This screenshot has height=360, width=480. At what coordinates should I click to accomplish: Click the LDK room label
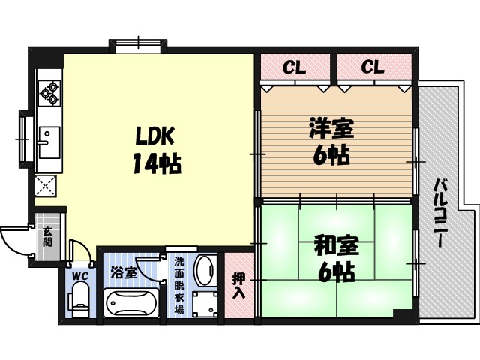click(155, 136)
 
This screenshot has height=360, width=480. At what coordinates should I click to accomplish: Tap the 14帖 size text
click(157, 163)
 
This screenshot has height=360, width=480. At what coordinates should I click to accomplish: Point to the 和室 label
click(335, 245)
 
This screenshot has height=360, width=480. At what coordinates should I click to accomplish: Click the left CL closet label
click(294, 67)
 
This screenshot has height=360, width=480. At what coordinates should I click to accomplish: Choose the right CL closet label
click(373, 67)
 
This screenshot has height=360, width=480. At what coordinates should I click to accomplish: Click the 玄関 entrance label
click(47, 238)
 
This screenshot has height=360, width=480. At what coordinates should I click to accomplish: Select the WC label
click(80, 274)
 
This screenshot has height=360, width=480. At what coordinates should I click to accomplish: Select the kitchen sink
click(48, 142)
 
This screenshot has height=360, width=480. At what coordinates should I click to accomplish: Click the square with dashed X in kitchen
click(48, 184)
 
